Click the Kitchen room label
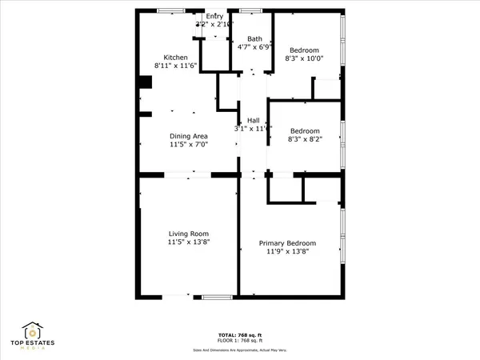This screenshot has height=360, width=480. click(176, 58)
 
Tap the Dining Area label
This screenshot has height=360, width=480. click(188, 136)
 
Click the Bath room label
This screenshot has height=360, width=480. click(254, 38)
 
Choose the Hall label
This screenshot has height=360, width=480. click(254, 120)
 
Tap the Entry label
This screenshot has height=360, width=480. click(214, 16)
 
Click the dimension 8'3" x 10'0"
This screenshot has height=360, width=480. click(304, 58)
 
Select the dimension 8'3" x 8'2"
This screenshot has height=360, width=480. click(305, 140)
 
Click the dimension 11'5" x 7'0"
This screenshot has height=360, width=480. click(188, 145)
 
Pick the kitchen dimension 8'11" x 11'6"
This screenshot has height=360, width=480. click(175, 66)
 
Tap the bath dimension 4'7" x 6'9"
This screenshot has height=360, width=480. click(254, 47)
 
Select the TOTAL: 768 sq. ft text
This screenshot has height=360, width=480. click(240, 335)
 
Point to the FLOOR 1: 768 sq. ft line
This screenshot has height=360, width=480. click(240, 342)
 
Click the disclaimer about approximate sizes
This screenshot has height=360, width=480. click(240, 350)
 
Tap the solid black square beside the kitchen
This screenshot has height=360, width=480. click(145, 82)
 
